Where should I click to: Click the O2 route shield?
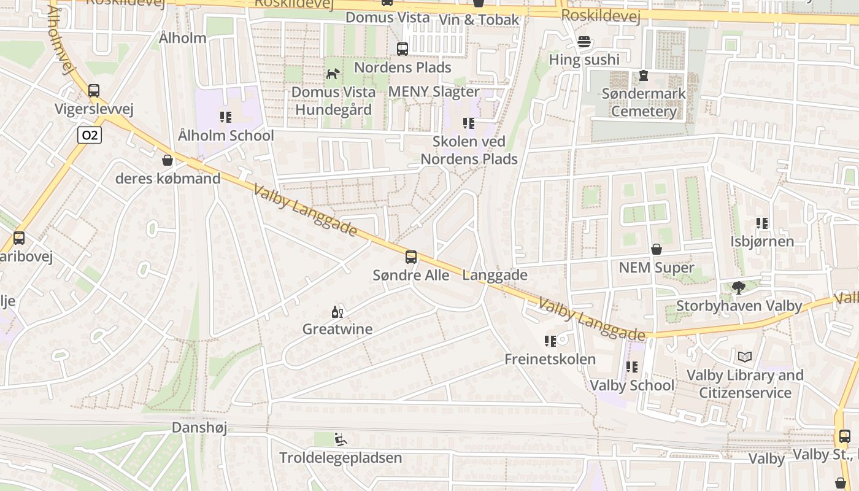tap(90, 135)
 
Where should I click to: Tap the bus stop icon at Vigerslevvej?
tap(94, 91)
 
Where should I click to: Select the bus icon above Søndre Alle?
tap(411, 257)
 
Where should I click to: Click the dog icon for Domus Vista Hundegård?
tap(333, 74)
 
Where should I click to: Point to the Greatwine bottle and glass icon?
tap(337, 312)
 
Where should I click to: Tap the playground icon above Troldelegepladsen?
tap(340, 439)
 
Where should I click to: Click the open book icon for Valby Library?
tap(744, 357)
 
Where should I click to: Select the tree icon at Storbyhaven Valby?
tap(739, 287)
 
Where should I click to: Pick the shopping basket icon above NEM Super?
tap(656, 249)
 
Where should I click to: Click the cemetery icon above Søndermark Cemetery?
tap(643, 76)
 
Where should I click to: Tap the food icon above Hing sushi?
tap(584, 42)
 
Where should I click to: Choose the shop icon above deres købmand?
tap(167, 161)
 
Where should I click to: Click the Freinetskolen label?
tap(550, 359)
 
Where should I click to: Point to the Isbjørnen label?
tap(762, 241)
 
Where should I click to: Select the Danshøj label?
tap(199, 427)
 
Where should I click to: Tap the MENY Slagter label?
tap(434, 91)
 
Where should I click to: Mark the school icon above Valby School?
tap(631, 367)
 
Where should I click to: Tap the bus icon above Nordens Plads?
tap(403, 49)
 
